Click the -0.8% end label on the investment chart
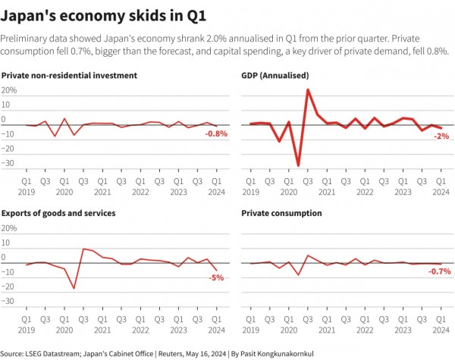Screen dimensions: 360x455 coord(216,134)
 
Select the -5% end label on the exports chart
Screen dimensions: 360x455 coord(216,277)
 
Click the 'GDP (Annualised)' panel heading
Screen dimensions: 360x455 coord(275,76)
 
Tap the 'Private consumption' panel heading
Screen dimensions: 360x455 coord(281,214)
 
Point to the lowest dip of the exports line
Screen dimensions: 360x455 coord(74,288)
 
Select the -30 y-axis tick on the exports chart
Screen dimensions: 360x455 coord(9,301)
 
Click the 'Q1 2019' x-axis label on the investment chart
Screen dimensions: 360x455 coord(27,186)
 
